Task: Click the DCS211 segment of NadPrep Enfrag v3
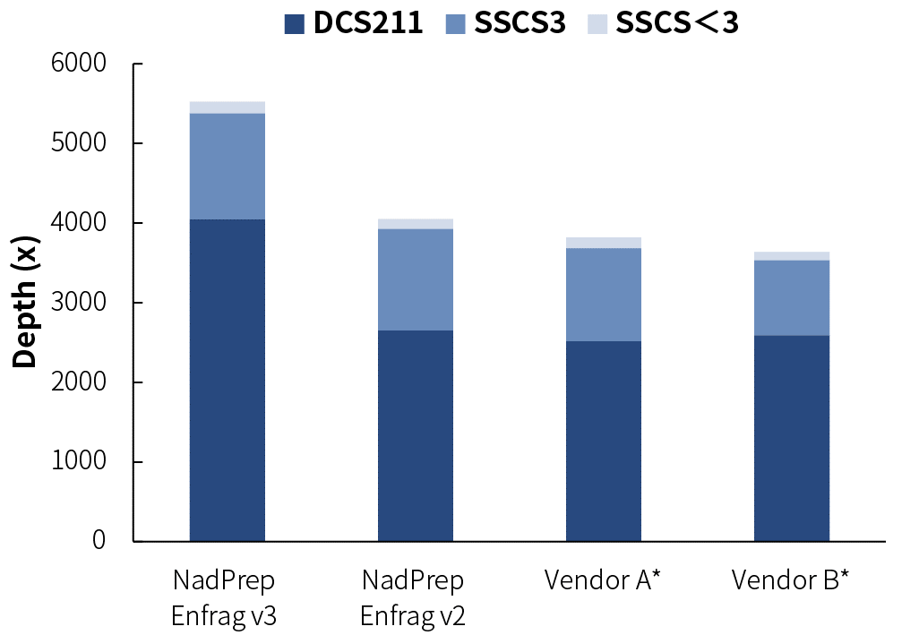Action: click(x=227, y=380)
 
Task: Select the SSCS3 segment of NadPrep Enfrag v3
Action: click(x=227, y=166)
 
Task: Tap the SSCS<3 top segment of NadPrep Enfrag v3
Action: click(x=227, y=107)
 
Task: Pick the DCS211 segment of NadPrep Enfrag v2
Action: click(x=415, y=435)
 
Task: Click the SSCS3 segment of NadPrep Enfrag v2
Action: click(x=415, y=279)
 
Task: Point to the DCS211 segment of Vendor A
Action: click(x=603, y=441)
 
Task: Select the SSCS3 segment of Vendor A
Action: click(x=603, y=294)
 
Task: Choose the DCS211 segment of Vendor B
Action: click(x=791, y=438)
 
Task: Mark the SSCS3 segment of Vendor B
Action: click(x=791, y=297)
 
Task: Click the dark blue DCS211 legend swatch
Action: click(x=295, y=24)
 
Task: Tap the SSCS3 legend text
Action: click(x=520, y=24)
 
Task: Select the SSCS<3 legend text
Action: click(x=676, y=24)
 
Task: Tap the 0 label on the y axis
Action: click(x=99, y=541)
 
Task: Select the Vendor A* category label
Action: click(x=602, y=580)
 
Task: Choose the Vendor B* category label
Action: click(x=790, y=580)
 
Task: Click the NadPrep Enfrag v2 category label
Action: click(x=413, y=598)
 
